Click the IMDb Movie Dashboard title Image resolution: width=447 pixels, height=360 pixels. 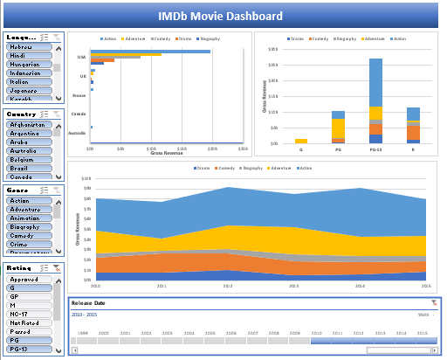(x=220, y=16)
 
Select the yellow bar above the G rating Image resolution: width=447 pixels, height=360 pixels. (x=300, y=141)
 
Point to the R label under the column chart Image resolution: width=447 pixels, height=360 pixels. (x=413, y=149)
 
